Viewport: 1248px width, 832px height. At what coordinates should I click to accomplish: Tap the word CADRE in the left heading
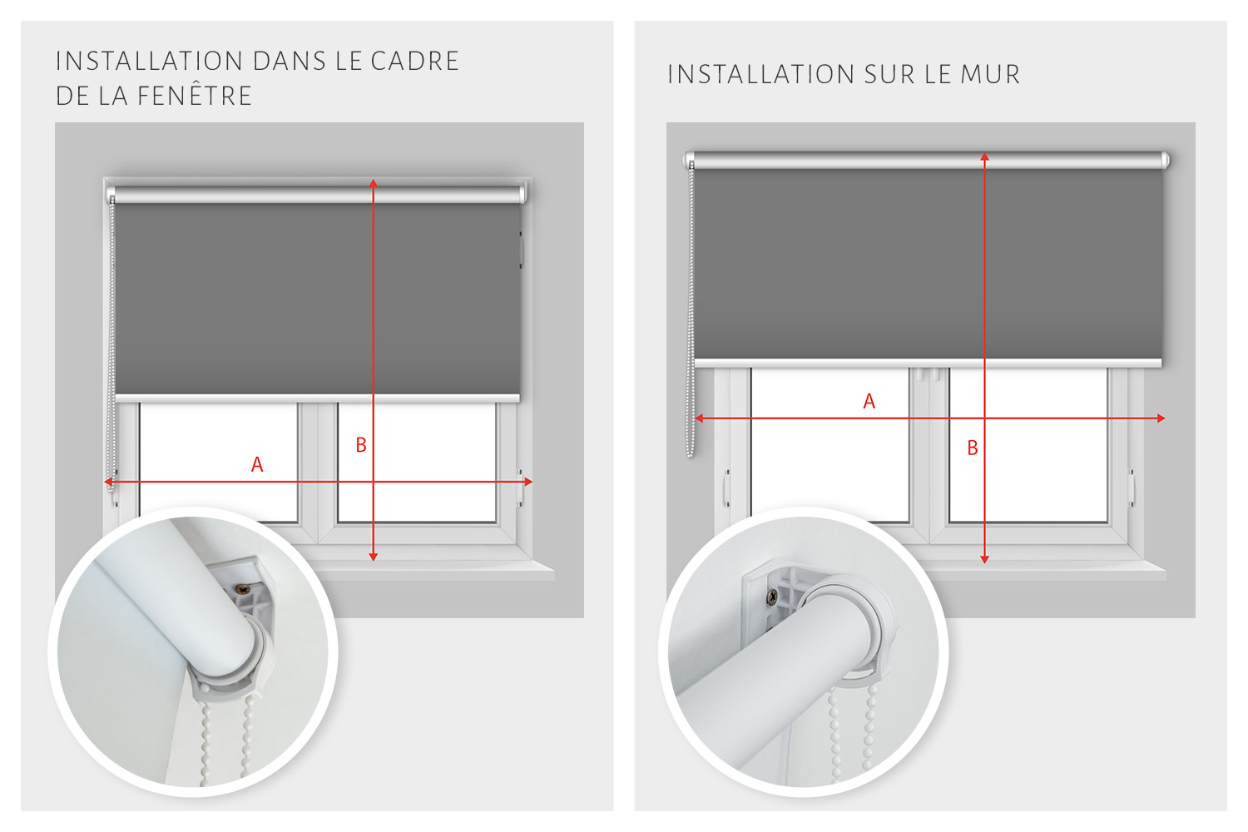click(415, 61)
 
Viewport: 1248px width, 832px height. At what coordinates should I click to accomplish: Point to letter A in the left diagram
click(257, 464)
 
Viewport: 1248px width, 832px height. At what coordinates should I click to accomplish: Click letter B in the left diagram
click(361, 444)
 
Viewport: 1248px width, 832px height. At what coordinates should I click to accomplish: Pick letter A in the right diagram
click(869, 401)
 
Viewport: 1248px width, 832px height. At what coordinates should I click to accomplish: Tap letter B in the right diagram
click(973, 448)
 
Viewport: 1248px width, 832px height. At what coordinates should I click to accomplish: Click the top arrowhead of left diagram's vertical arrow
click(374, 183)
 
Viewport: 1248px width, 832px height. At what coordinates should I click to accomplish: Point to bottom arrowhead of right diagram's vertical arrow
click(984, 559)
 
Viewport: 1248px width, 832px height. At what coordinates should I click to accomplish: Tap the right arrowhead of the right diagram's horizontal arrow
click(1161, 418)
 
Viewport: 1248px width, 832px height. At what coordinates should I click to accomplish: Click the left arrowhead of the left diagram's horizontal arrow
click(109, 482)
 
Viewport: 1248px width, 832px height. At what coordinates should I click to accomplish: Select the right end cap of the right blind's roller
click(1165, 161)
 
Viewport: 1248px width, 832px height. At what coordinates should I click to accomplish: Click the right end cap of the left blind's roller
click(522, 194)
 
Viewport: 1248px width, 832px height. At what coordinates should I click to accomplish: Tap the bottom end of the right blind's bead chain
click(691, 454)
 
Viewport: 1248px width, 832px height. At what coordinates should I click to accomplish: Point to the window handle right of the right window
click(1132, 488)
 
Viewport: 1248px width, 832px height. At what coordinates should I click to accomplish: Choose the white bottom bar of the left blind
click(318, 398)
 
